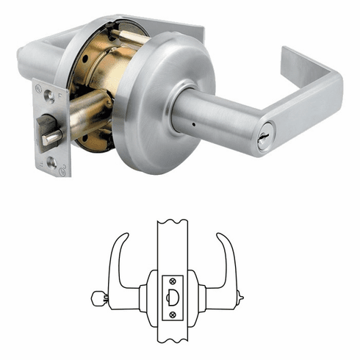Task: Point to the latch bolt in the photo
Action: (x=51, y=137)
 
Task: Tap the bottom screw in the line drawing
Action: (x=173, y=314)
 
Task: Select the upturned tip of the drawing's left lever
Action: (x=123, y=240)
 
